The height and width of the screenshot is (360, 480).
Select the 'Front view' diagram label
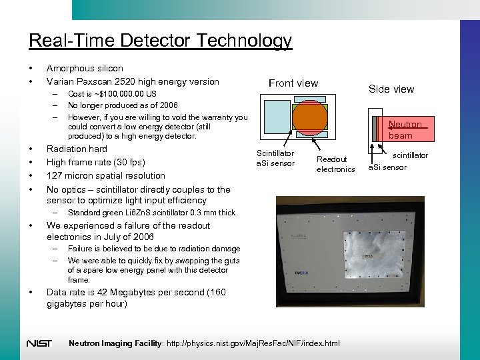pos(293,83)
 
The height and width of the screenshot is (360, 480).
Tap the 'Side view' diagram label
pos(391,89)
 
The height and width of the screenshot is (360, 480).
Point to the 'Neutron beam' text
pos(405,130)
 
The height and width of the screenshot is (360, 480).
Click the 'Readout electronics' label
pos(335,164)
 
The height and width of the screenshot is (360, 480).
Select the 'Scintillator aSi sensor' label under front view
pos(275,158)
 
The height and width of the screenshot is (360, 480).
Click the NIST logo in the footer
pos(39,344)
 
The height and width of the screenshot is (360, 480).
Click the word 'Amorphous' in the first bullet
pos(67,68)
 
